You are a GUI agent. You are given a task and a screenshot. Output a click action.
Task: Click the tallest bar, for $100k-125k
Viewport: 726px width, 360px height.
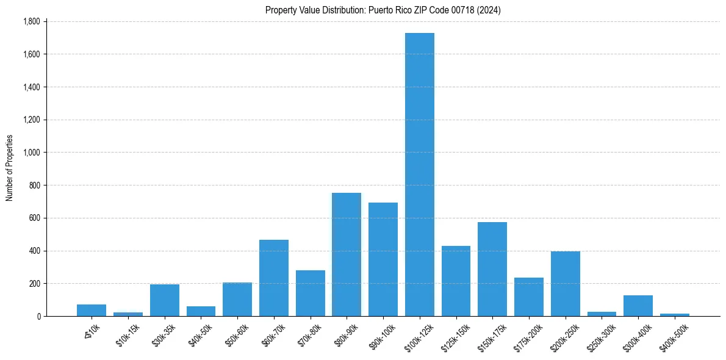419,175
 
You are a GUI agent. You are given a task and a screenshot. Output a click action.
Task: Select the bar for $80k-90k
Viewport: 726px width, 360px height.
347,254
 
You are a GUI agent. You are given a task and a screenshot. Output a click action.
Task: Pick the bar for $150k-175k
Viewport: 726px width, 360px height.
492,269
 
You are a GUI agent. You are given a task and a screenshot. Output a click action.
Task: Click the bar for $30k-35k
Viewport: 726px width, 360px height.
165,300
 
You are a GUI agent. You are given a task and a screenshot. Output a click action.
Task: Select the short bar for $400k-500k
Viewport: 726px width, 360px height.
674,315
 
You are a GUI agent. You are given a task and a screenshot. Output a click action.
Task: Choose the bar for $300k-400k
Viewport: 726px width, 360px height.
638,306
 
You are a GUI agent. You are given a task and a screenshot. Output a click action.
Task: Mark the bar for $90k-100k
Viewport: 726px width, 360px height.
383,259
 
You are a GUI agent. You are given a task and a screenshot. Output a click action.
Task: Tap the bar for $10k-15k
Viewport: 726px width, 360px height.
128,314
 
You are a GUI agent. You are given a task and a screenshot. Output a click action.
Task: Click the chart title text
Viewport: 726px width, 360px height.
383,10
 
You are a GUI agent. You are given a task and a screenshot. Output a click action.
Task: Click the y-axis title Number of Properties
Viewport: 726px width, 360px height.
10,168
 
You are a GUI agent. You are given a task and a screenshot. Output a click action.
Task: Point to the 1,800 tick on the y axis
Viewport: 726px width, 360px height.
31,21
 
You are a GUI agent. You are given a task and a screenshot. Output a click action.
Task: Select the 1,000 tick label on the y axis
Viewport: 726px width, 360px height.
31,153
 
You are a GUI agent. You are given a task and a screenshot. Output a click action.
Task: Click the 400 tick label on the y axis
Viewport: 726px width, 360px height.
34,251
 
